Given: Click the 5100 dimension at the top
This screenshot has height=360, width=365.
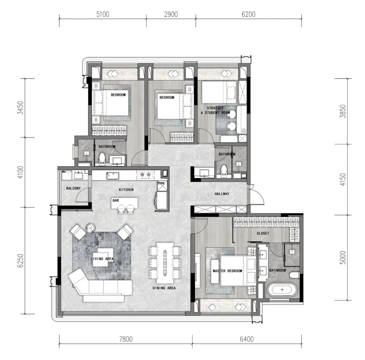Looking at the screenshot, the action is pos(103,15).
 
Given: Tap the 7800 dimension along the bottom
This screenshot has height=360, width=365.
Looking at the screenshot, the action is pos(126,339).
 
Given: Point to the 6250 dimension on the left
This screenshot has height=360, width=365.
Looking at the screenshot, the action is pos(21,261).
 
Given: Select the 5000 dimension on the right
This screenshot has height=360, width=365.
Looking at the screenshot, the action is pos(343,258).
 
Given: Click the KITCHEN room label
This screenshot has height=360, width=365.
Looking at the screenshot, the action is pos(126,190).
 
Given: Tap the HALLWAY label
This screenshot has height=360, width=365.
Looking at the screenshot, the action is pos(222,194).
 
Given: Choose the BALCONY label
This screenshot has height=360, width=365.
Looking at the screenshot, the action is pos(73,188).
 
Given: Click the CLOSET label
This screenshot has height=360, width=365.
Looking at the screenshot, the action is pos(263,233).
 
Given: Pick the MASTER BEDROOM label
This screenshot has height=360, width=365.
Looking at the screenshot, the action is pos(227,271).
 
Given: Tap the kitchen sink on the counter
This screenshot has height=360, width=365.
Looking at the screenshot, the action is pos(113,175).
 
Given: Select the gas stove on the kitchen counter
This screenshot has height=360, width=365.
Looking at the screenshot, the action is pos(145,175).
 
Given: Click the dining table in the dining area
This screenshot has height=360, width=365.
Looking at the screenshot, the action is pos(165,263).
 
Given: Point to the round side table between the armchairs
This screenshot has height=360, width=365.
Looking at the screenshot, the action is pos(90,227).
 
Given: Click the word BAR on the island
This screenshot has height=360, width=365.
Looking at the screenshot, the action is pos(116,200).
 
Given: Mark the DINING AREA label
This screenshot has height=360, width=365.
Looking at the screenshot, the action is pos(164,288).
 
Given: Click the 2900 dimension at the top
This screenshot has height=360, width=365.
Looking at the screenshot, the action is pos(171,15).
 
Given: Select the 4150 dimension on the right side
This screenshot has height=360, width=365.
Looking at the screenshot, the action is pos(343,179).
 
